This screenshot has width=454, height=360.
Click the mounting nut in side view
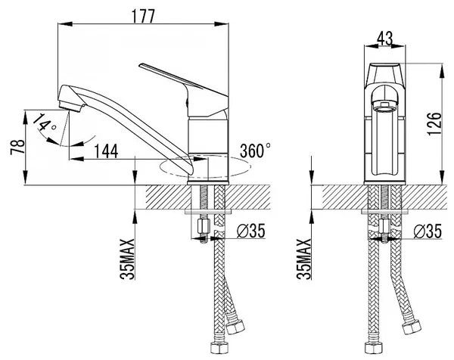203,226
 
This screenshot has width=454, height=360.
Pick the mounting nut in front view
386,226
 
